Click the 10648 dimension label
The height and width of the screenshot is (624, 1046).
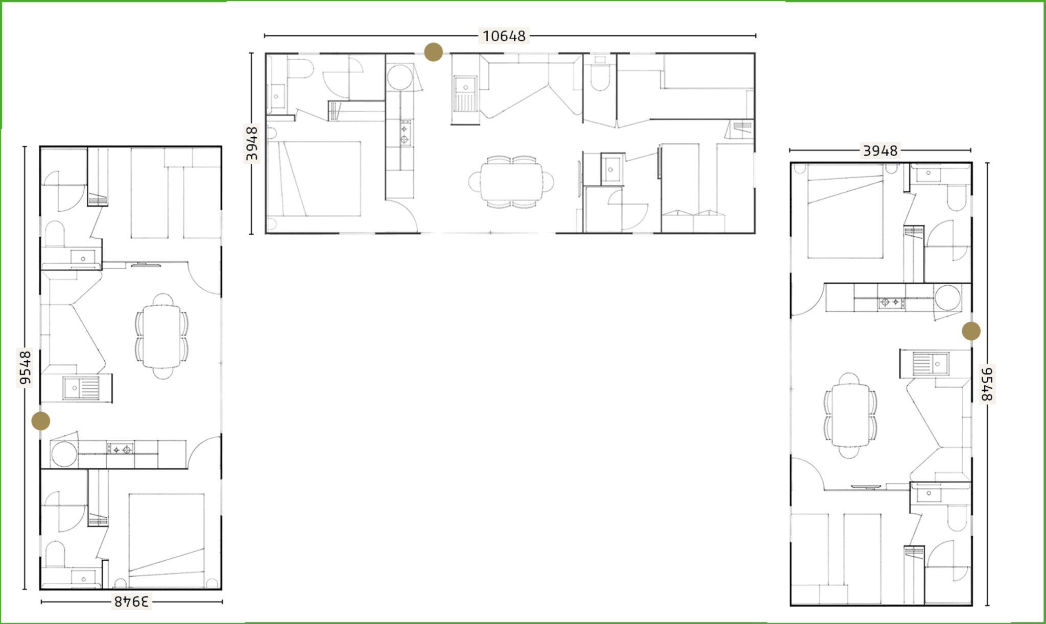504,36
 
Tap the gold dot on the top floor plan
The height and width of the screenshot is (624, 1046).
434,52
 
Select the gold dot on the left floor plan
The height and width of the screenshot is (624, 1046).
41,421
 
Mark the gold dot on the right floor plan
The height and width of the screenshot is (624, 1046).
971,331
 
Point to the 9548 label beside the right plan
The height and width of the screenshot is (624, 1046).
987,384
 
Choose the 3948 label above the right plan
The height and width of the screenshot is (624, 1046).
880,151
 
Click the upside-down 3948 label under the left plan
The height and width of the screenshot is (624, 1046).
131,602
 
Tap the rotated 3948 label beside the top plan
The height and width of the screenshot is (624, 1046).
252,143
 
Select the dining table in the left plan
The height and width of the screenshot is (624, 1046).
161,336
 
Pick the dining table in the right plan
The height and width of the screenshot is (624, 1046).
850,415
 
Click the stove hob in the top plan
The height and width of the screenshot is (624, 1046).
405,132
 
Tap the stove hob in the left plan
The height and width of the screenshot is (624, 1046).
120,449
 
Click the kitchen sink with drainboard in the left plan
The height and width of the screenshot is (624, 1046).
82,388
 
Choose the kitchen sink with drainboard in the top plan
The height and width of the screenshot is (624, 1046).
465,94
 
